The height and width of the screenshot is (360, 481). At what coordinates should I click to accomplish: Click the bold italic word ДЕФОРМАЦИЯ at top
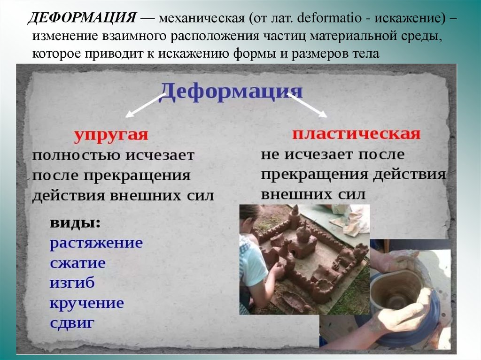pyautogui.click(x=82, y=18)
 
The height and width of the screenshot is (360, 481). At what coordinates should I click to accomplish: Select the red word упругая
pyautogui.click(x=111, y=135)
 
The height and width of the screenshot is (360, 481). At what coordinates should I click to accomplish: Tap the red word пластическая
pyautogui.click(x=356, y=134)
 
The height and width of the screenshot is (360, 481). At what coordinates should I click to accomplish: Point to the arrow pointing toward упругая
pyautogui.click(x=145, y=106)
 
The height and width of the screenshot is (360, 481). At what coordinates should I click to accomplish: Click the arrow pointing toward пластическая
pyautogui.click(x=307, y=105)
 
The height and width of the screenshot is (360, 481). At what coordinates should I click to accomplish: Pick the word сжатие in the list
pyautogui.click(x=78, y=263)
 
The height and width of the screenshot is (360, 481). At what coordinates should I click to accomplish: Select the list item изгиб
pyautogui.click(x=72, y=283)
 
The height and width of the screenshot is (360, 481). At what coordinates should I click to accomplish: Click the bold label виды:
pyautogui.click(x=75, y=223)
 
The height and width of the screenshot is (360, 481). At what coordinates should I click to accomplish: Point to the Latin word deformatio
pyautogui.click(x=329, y=18)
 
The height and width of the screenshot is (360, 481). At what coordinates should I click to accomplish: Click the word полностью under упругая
pyautogui.click(x=77, y=155)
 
